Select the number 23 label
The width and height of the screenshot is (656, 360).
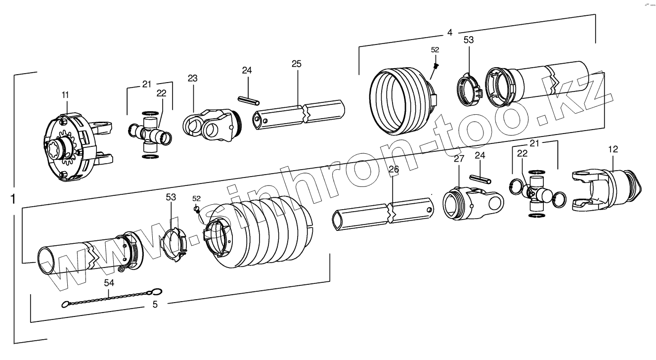192,78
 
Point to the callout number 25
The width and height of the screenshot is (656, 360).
296,64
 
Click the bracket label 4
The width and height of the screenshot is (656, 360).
449,33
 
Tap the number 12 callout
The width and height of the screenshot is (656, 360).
612,148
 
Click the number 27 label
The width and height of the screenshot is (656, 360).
459,159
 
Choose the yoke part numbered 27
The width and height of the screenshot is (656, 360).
470,203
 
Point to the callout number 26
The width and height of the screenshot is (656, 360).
394,170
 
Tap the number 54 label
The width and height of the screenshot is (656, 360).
109,282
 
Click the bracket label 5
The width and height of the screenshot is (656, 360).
155,305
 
